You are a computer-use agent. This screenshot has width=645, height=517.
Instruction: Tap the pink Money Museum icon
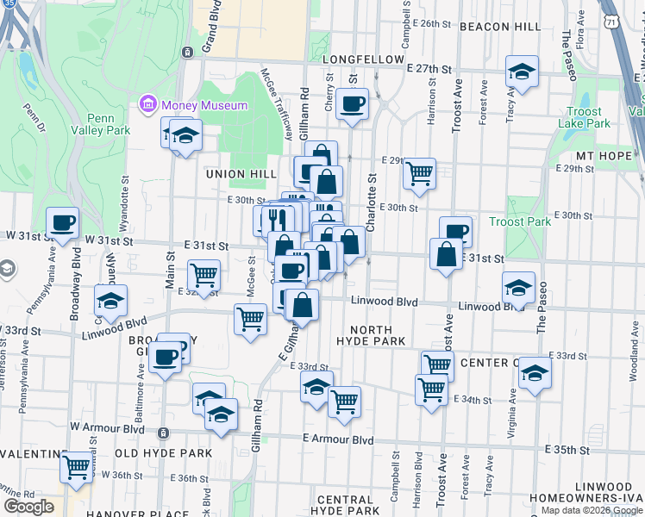[x=147, y=106]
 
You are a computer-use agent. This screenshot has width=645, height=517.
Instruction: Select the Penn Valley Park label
[x=108, y=124]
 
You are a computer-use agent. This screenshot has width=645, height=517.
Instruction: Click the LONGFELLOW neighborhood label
[x=363, y=59]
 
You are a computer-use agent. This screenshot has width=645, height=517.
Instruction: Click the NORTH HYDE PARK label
[x=372, y=335]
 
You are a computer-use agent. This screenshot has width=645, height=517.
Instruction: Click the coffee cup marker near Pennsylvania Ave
[x=62, y=223]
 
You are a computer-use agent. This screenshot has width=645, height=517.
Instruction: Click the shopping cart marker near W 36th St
[x=77, y=467]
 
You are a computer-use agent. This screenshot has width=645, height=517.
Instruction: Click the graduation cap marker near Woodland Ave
[x=535, y=373]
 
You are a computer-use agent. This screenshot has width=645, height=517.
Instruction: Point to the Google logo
[x=29, y=506]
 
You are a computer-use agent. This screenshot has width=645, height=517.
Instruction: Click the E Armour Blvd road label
[x=338, y=439]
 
